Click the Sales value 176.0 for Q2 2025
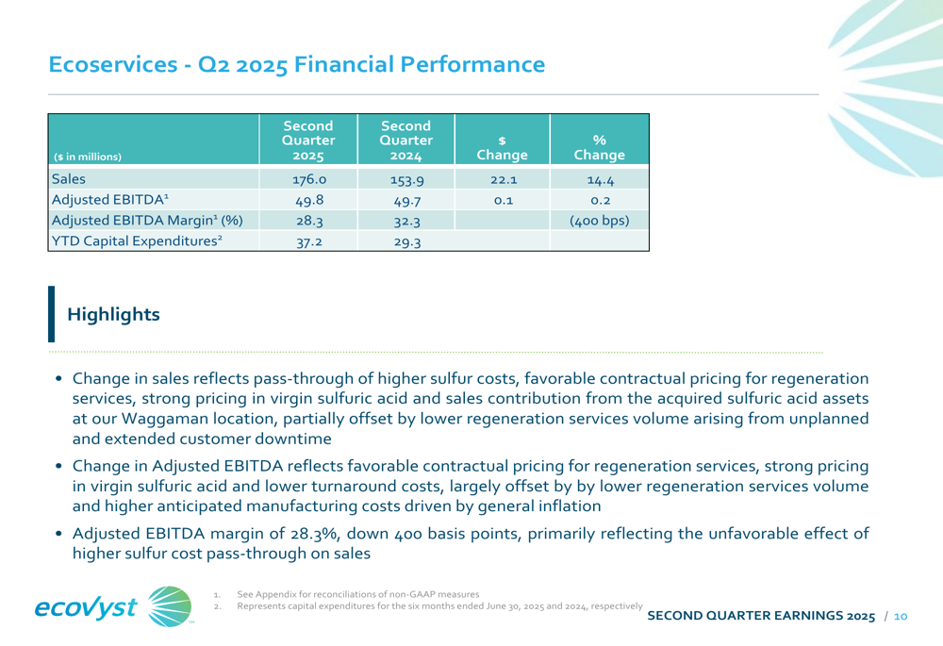pyautogui.click(x=309, y=180)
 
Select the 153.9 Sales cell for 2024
pyautogui.click(x=407, y=180)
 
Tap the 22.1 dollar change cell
pyautogui.click(x=504, y=180)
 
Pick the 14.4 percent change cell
pyautogui.click(x=600, y=180)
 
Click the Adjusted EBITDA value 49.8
pyautogui.click(x=309, y=200)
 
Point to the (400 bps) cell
pyautogui.click(x=600, y=221)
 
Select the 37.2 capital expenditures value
pyautogui.click(x=309, y=241)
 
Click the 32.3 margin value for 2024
pyautogui.click(x=407, y=222)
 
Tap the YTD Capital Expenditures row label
pyautogui.click(x=137, y=241)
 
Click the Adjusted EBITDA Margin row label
pyautogui.click(x=147, y=221)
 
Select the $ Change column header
pyautogui.click(x=503, y=147)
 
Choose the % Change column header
pyautogui.click(x=600, y=147)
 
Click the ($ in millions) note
pyautogui.click(x=88, y=157)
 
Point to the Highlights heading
pyautogui.click(x=114, y=314)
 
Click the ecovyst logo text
pyautogui.click(x=86, y=607)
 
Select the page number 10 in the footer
pyautogui.click(x=901, y=616)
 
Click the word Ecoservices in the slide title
pyautogui.click(x=113, y=64)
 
